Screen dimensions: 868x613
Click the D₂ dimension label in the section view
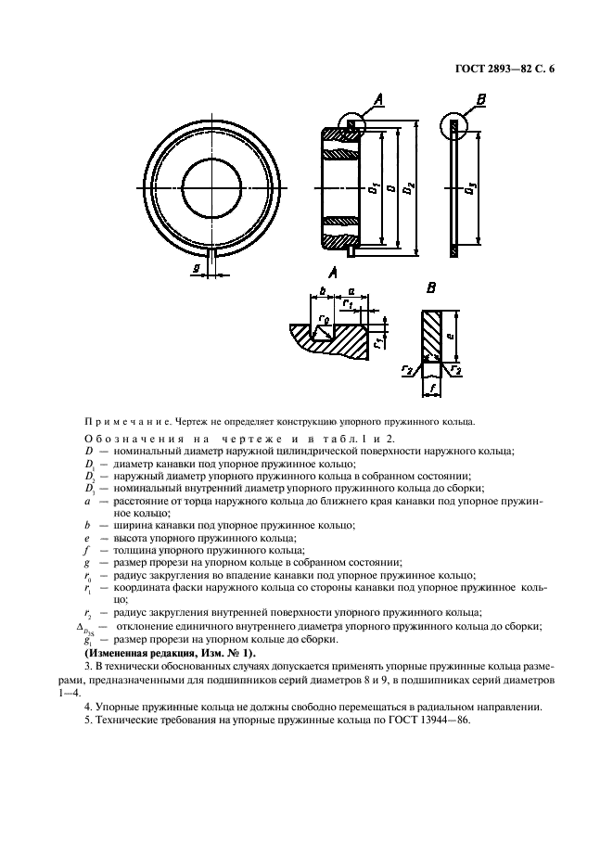click(412, 188)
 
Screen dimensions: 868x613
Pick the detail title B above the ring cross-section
click(431, 287)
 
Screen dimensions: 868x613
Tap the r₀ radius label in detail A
click(323, 322)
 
